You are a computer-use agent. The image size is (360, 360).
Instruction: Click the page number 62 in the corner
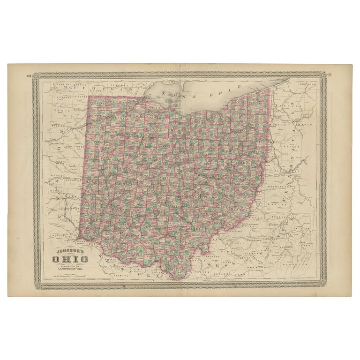point(30,75)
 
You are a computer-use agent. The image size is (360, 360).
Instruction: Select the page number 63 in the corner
point(330,75)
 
